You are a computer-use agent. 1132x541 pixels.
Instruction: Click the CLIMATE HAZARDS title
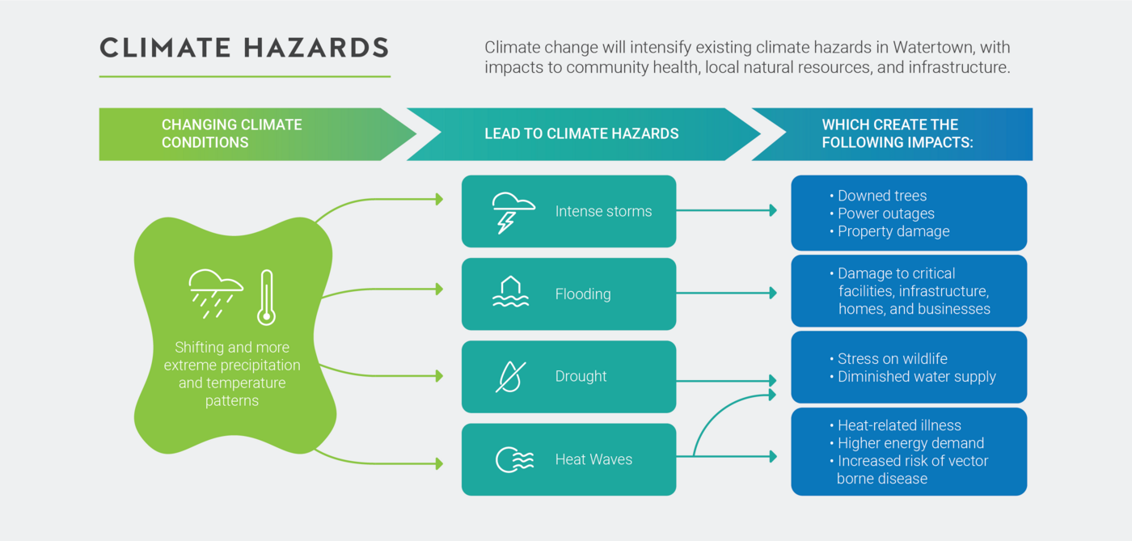pyautogui.click(x=244, y=48)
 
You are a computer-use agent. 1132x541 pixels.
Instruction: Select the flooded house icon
pyautogui.click(x=510, y=292)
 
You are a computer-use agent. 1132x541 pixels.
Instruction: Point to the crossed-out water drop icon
pyautogui.click(x=510, y=377)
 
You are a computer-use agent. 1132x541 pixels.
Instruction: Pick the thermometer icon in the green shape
pyautogui.click(x=266, y=298)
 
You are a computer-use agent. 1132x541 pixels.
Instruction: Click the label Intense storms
pyautogui.click(x=603, y=211)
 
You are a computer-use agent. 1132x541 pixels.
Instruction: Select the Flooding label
pyautogui.click(x=583, y=294)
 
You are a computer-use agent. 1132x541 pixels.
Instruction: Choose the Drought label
pyautogui.click(x=581, y=376)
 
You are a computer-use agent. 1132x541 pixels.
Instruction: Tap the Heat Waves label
pyautogui.click(x=593, y=459)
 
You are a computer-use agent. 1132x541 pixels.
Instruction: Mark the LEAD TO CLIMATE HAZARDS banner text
pyautogui.click(x=581, y=133)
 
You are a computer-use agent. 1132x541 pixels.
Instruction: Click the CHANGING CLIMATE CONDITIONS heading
pyautogui.click(x=231, y=133)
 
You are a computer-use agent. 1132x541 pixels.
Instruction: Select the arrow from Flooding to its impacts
pyautogui.click(x=727, y=293)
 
